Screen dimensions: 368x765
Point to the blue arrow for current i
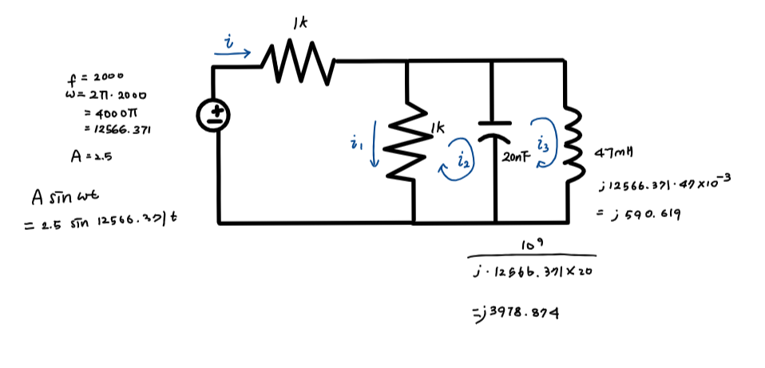(232, 53)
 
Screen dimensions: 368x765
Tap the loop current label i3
(543, 144)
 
